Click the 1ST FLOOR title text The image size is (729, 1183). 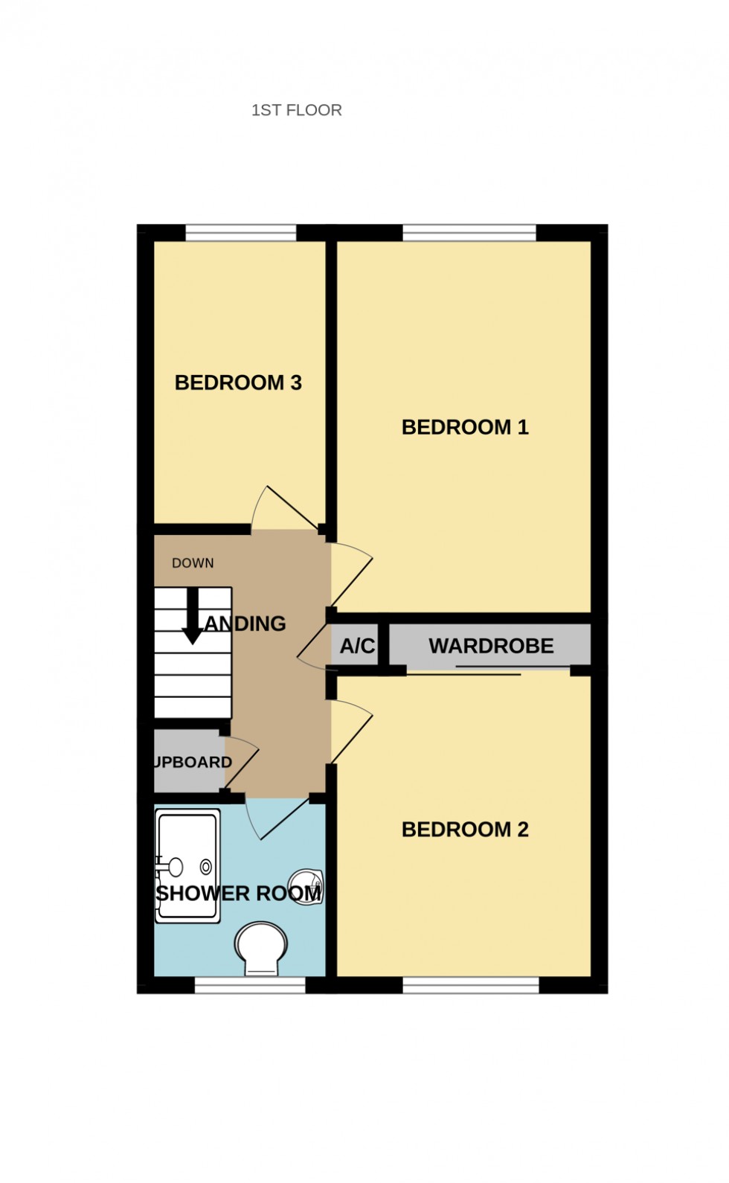tap(296, 110)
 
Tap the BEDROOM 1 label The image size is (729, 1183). tap(464, 427)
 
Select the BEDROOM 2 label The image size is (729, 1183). tap(464, 830)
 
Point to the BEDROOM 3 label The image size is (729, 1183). tap(238, 382)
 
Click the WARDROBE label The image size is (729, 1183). tap(491, 646)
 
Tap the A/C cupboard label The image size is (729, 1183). tap(357, 646)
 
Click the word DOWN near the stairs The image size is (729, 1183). tap(193, 563)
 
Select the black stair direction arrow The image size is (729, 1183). tap(193, 618)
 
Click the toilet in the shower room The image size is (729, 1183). tap(260, 948)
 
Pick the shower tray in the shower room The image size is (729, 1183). tap(187, 866)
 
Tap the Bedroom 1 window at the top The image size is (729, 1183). tap(469, 233)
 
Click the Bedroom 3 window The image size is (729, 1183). tap(240, 233)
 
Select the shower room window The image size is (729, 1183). tap(250, 986)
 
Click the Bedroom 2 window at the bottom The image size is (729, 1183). tap(471, 986)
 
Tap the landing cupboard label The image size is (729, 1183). tap(192, 763)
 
